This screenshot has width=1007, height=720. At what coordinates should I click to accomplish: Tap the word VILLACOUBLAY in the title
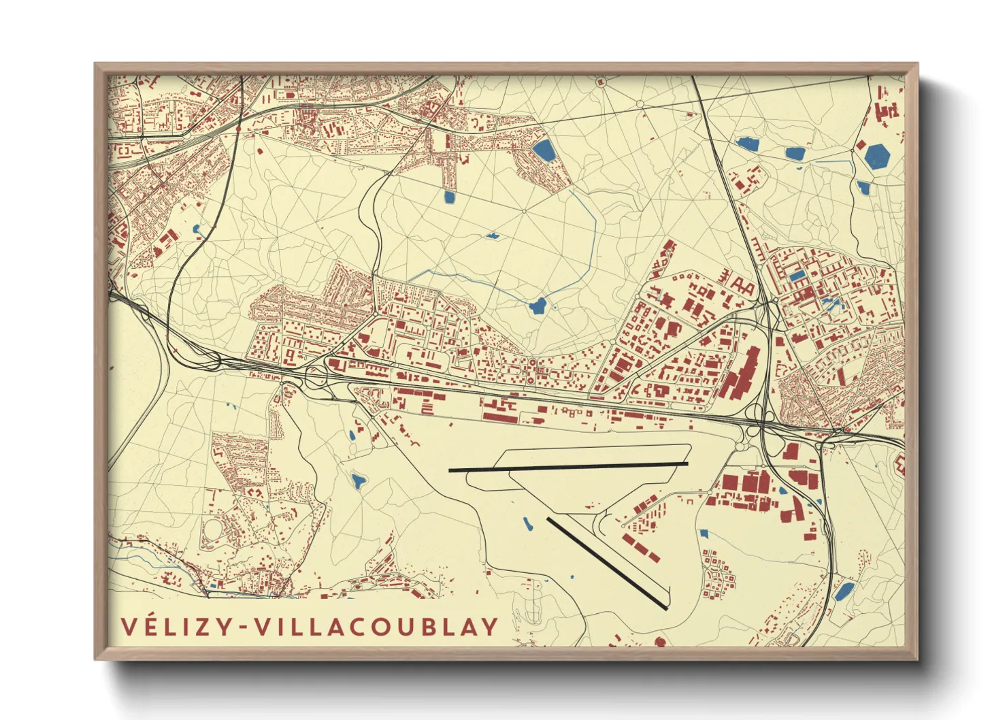[377, 627]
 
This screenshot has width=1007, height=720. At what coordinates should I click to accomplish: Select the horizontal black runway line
[568, 467]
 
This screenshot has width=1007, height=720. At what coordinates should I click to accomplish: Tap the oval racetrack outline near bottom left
[212, 527]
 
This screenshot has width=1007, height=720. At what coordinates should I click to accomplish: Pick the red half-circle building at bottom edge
[659, 642]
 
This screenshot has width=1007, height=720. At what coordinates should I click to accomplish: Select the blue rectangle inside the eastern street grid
[797, 276]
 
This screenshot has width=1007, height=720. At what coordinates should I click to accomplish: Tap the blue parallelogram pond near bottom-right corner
[844, 591]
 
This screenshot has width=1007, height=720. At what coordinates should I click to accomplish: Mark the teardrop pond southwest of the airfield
[358, 482]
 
